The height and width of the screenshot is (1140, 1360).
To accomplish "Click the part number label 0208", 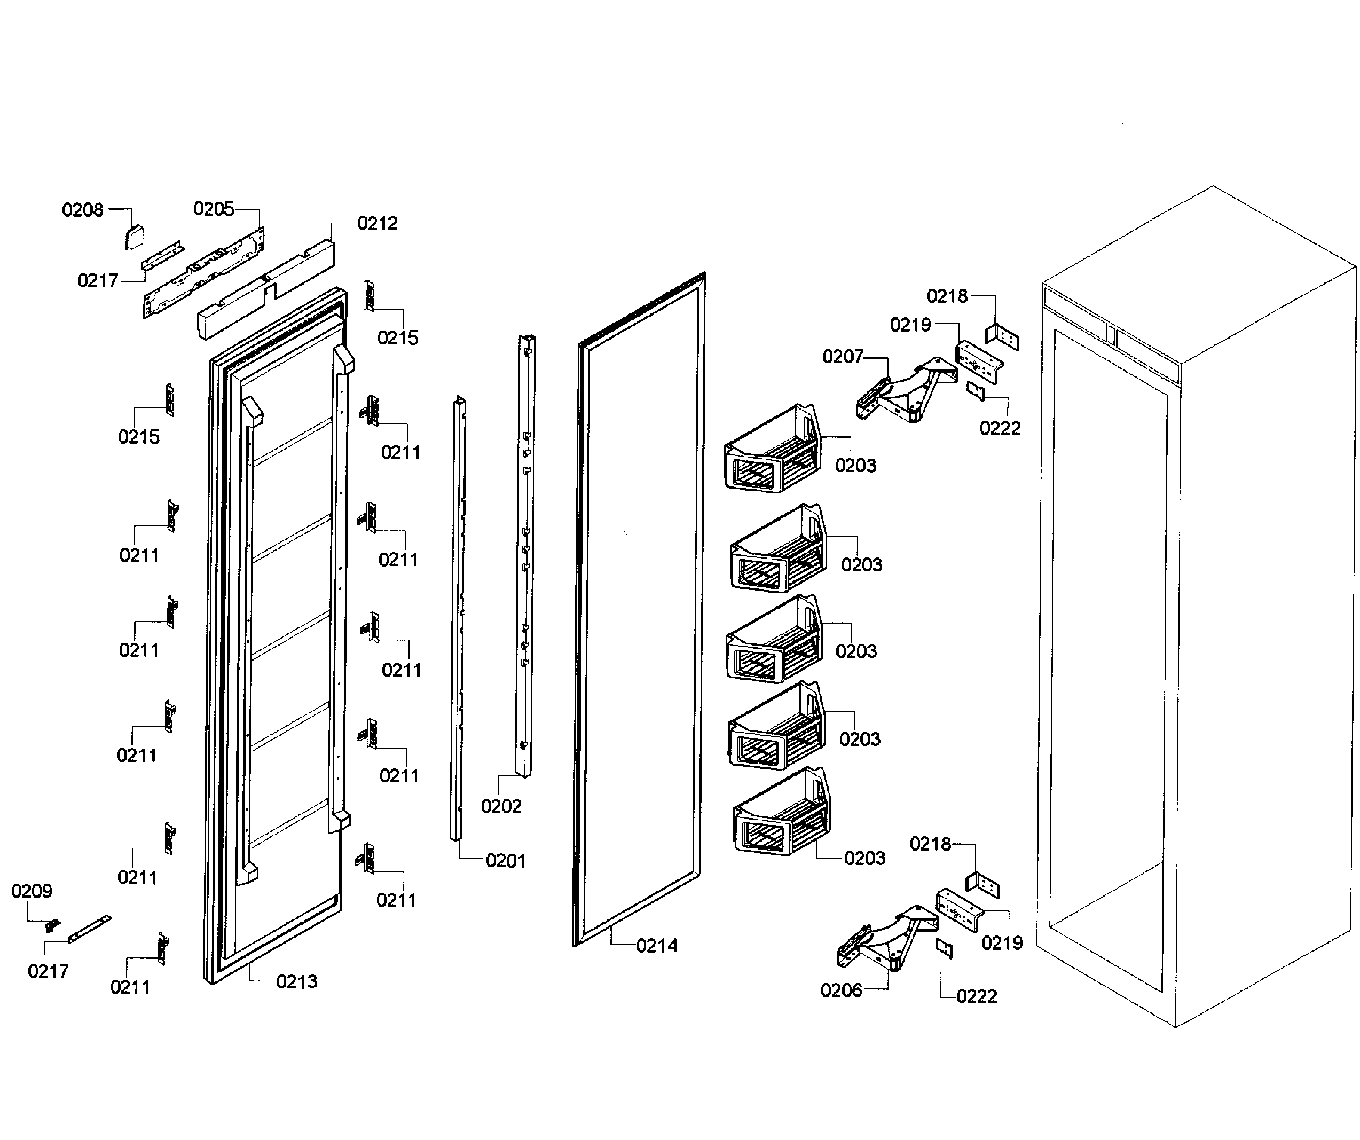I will point(82,210).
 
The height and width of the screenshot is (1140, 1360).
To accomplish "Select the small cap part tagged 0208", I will point(135,238).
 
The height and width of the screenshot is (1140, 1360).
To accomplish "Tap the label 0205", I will point(213,209).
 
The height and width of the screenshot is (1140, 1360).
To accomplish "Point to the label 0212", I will point(377,224).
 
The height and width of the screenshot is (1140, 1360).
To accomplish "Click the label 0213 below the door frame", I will point(296,981).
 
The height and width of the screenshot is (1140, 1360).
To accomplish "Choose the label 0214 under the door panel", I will point(657,946).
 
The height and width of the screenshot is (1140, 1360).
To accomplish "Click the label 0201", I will point(505,861).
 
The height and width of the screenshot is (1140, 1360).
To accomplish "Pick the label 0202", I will point(501,806).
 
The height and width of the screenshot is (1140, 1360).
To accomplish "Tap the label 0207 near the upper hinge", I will point(843,356).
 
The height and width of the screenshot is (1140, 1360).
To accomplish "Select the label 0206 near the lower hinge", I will point(842,990).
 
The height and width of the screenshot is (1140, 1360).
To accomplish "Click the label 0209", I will point(31,891).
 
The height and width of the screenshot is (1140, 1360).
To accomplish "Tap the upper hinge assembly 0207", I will point(907,391).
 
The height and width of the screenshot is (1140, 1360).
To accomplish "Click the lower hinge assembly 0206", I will point(887,939).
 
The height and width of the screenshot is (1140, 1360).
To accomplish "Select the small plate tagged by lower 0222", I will point(944,948).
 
